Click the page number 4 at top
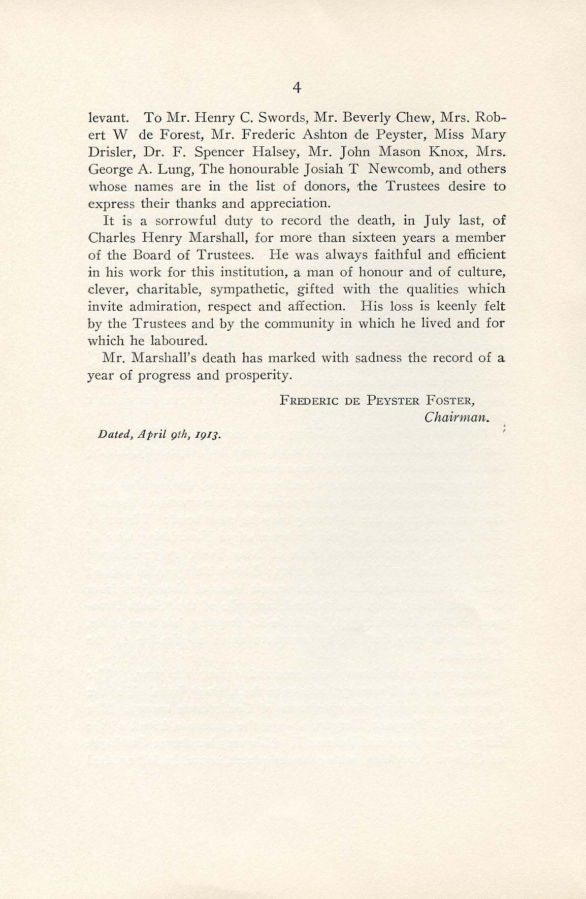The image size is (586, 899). pyautogui.click(x=298, y=88)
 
